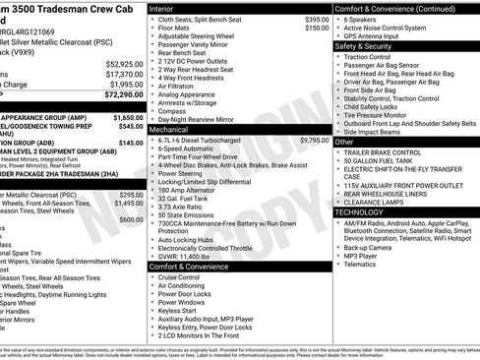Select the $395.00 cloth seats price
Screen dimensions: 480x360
317,20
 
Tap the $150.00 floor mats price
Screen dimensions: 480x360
317,29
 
